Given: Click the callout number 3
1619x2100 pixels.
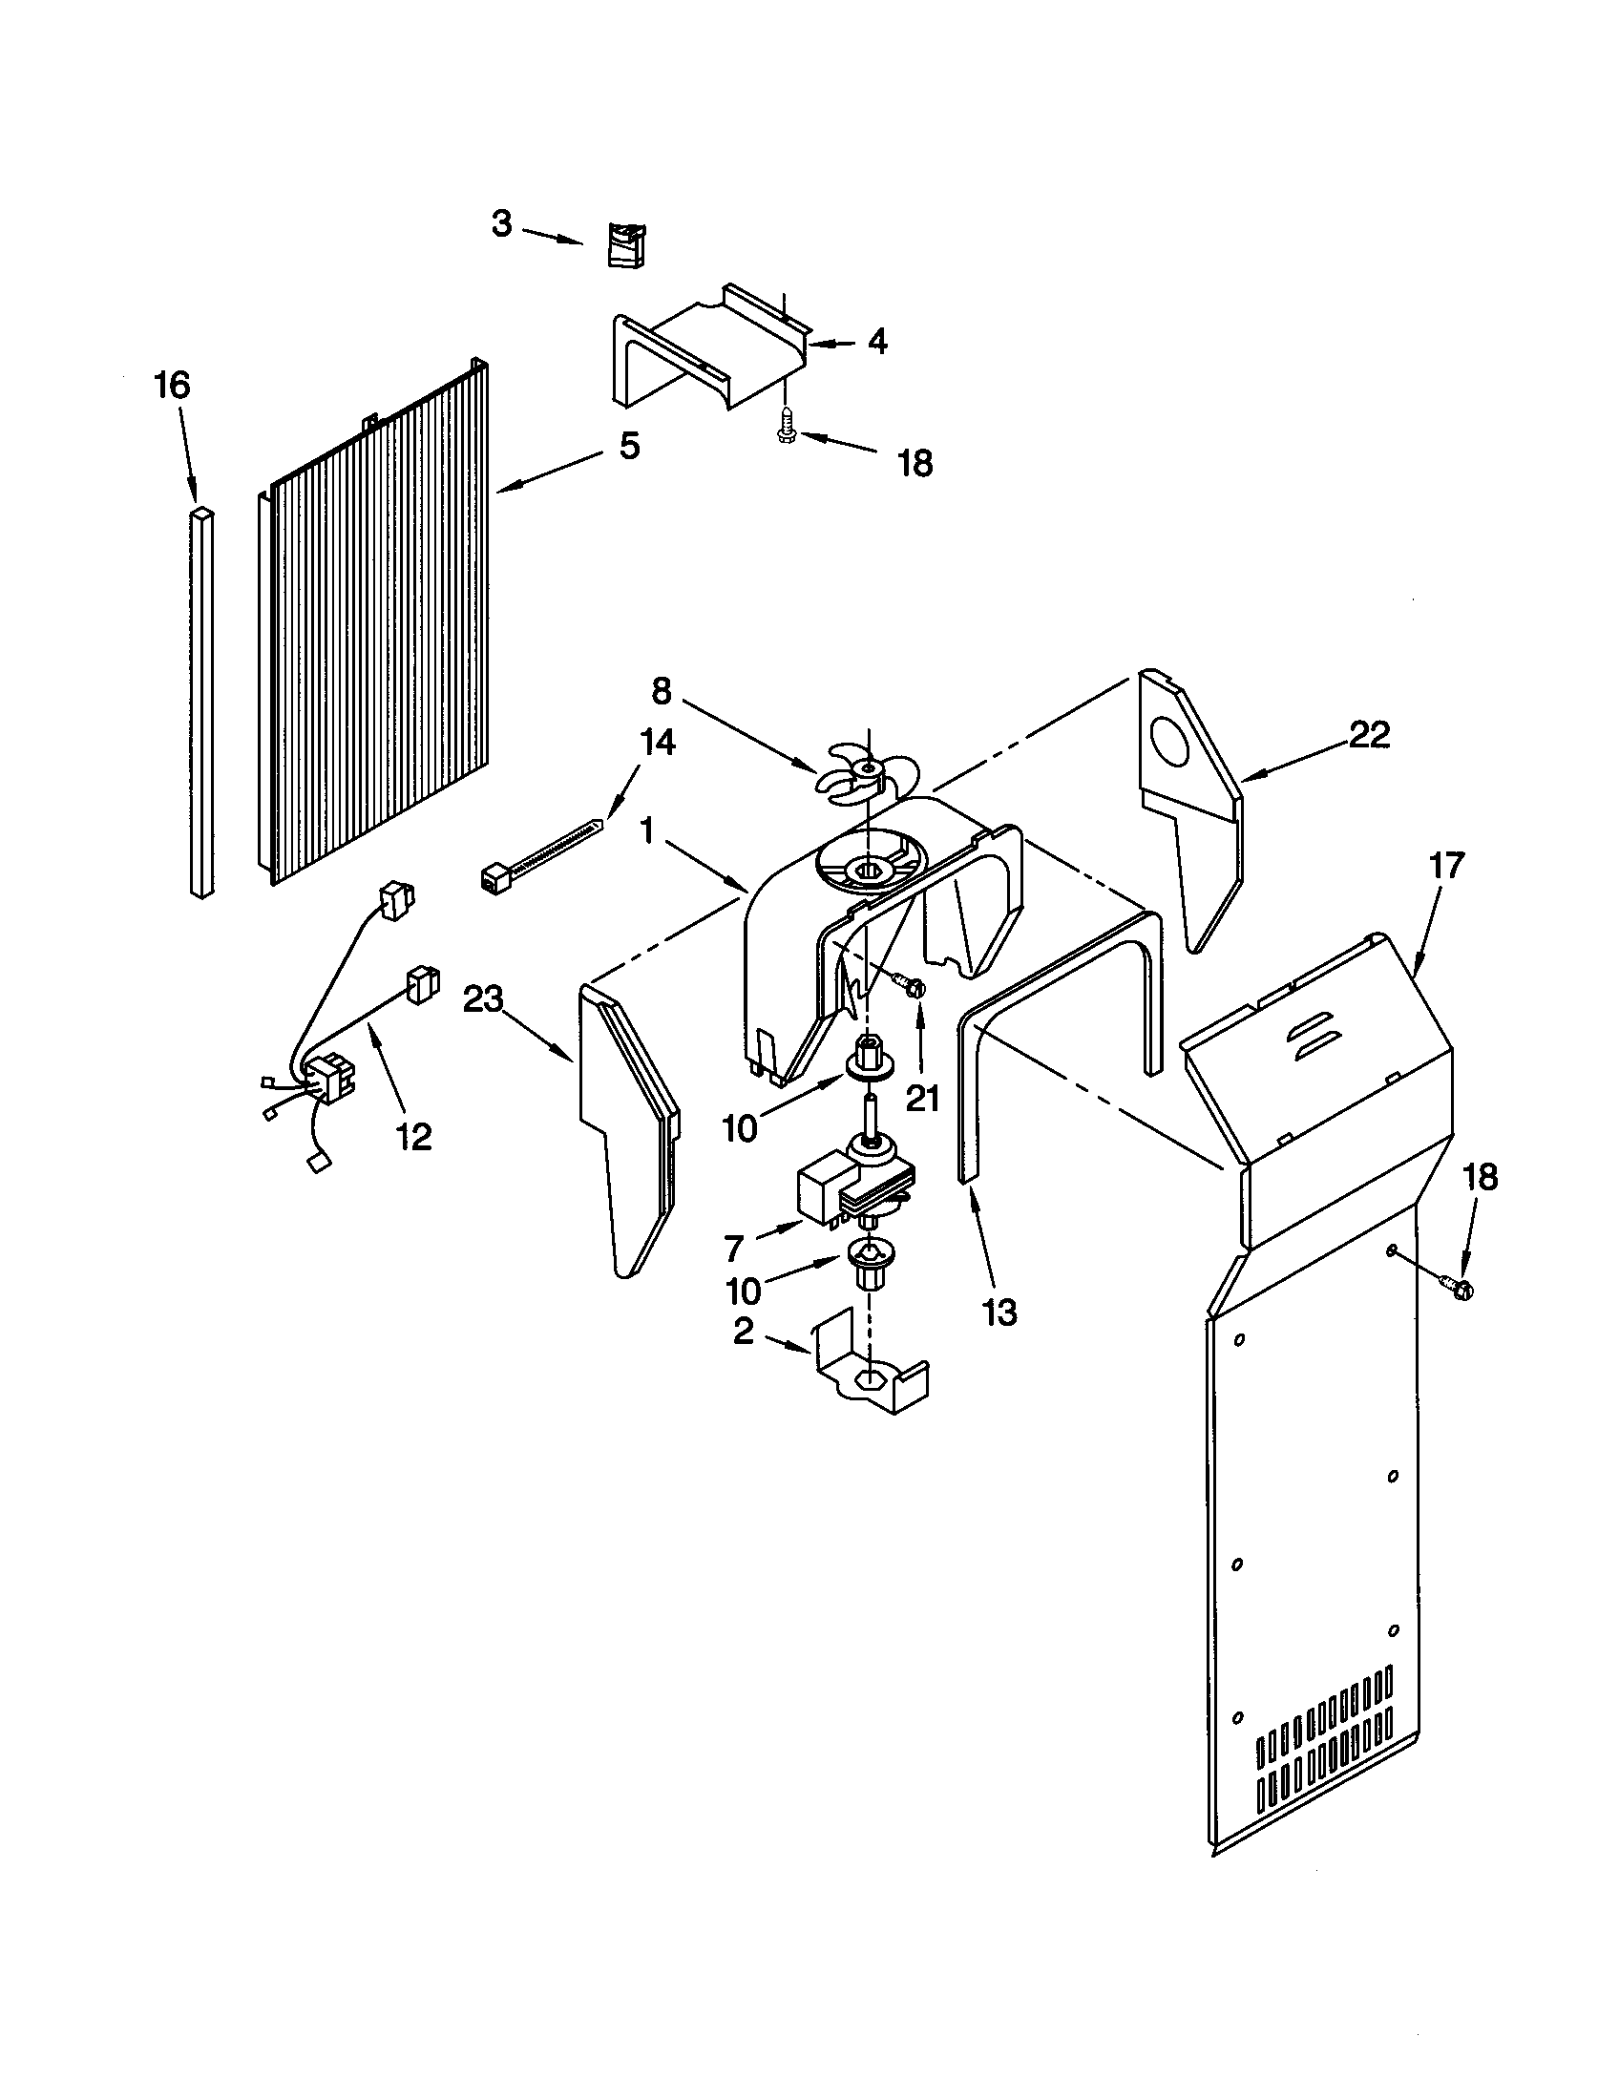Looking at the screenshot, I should [x=502, y=224].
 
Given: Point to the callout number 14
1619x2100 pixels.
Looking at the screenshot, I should [x=655, y=742].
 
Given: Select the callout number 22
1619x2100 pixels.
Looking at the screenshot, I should [x=1369, y=735].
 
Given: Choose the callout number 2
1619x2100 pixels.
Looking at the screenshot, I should [x=744, y=1333].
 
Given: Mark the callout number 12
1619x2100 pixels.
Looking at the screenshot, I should [x=413, y=1137].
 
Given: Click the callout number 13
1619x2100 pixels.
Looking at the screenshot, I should [x=999, y=1312].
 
